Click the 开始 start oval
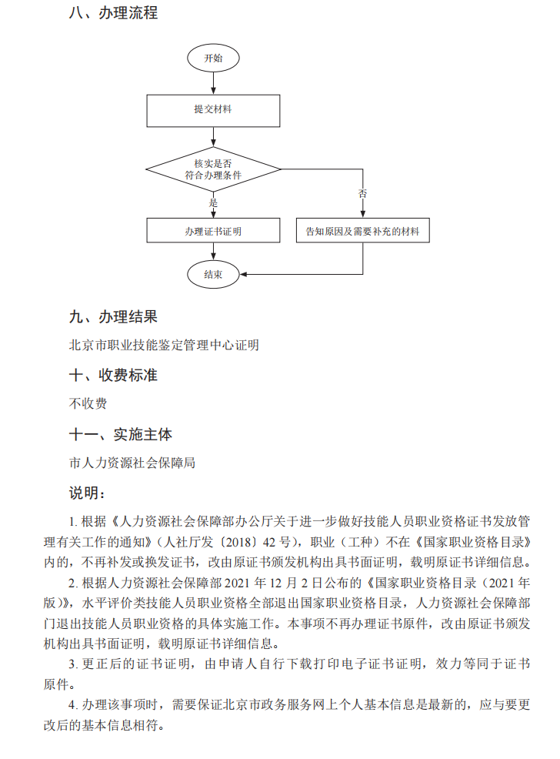click(x=213, y=59)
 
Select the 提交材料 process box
click(x=213, y=109)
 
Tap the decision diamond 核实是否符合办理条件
click(x=213, y=169)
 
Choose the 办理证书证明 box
click(x=213, y=230)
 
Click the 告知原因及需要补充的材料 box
click(x=362, y=230)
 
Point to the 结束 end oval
click(x=213, y=274)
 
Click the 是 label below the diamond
click(x=214, y=202)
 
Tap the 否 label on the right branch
click(x=362, y=193)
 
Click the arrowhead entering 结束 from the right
click(x=244, y=274)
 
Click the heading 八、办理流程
click(x=114, y=13)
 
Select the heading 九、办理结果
click(x=113, y=316)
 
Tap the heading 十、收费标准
click(x=113, y=375)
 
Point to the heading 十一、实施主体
click(x=121, y=434)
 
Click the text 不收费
click(x=88, y=403)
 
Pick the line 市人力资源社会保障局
click(x=132, y=463)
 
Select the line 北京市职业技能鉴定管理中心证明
click(x=164, y=345)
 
